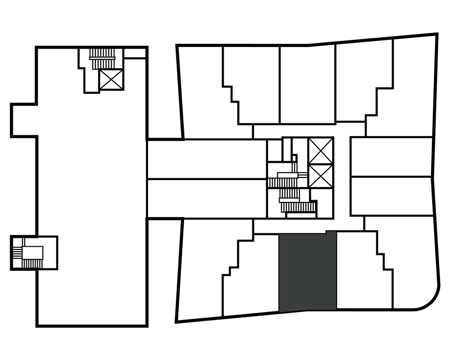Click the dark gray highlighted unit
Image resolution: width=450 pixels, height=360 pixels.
coord(308,272)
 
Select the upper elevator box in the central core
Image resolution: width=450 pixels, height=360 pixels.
coord(320,151)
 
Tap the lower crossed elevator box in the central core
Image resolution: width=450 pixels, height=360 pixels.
coord(320,176)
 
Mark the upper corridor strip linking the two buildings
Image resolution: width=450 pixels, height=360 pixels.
coord(207,159)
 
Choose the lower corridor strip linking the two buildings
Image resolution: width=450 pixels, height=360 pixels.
coord(207,198)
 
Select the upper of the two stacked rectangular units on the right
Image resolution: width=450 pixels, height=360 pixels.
coord(391,157)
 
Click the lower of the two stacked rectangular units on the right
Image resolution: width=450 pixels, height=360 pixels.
coord(391,196)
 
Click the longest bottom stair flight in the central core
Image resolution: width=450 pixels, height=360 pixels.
coord(301,207)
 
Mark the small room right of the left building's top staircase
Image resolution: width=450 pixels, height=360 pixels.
coord(135,54)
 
